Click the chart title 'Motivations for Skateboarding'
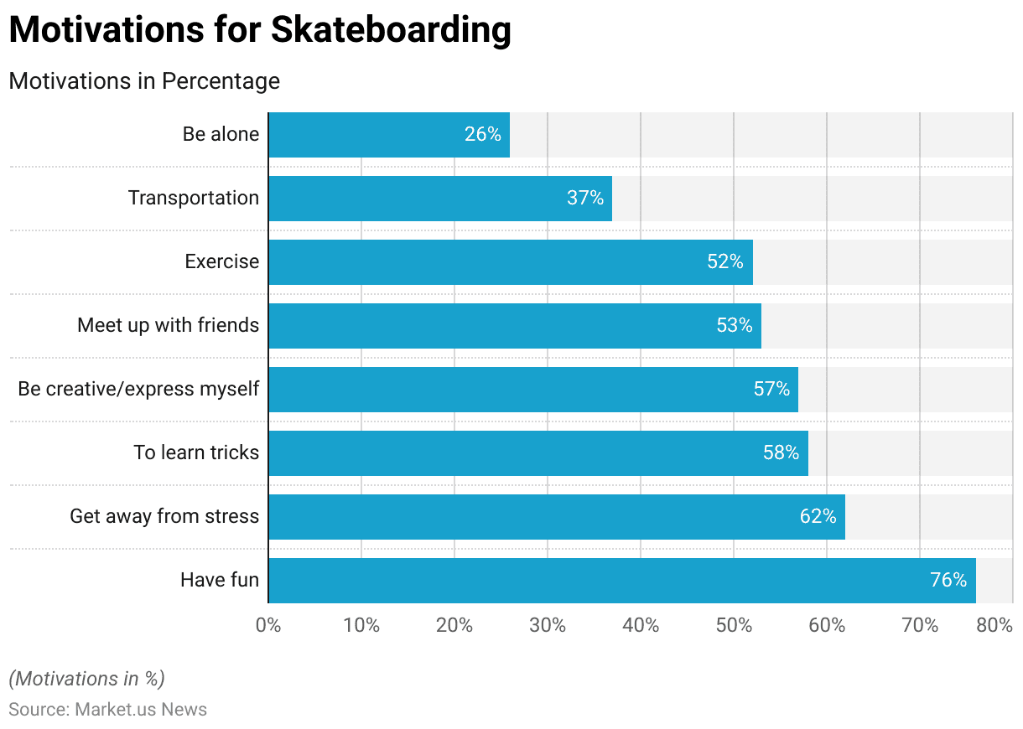pyautogui.click(x=260, y=30)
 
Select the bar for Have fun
pyautogui.click(x=621, y=580)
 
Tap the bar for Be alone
pyautogui.click(x=388, y=134)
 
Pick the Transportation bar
pyautogui.click(x=439, y=198)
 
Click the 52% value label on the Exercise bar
pyautogui.click(x=724, y=261)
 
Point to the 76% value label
pyautogui.click(x=948, y=580)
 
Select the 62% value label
pyautogui.click(x=818, y=516)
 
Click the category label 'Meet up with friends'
pyautogui.click(x=168, y=325)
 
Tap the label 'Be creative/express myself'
pyautogui.click(x=138, y=389)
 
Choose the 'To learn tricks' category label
pyautogui.click(x=196, y=452)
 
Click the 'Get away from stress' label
pyautogui.click(x=164, y=516)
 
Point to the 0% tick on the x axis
pyautogui.click(x=268, y=625)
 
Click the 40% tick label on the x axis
pyautogui.click(x=641, y=625)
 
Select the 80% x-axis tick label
pyautogui.click(x=995, y=625)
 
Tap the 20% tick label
pyautogui.click(x=454, y=625)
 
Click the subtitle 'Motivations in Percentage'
pyautogui.click(x=144, y=81)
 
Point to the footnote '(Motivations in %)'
pyautogui.click(x=86, y=679)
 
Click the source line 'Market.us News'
pyautogui.click(x=107, y=710)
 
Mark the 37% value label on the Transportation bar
pyautogui.click(x=584, y=198)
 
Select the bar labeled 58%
pyautogui.click(x=537, y=452)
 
